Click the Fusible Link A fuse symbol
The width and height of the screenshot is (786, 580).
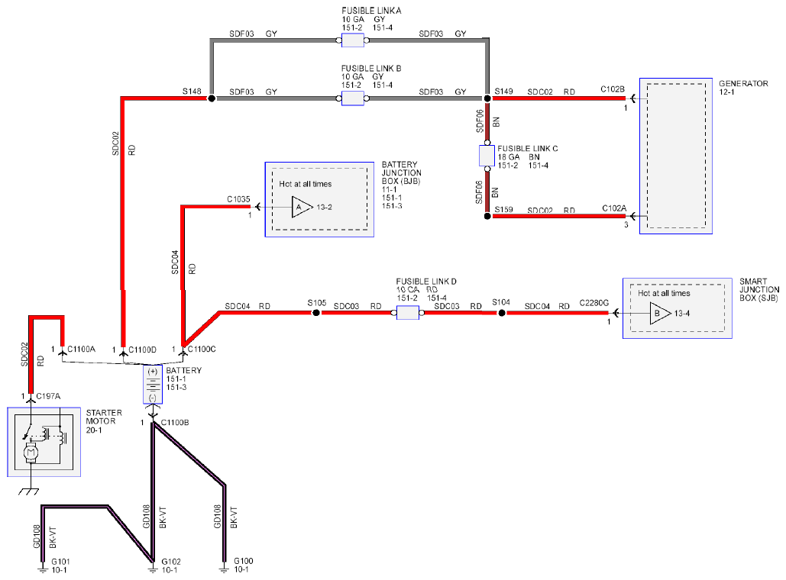pyautogui.click(x=352, y=40)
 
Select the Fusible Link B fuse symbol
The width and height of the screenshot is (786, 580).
pyautogui.click(x=352, y=98)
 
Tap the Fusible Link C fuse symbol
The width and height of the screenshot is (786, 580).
pyautogui.click(x=487, y=156)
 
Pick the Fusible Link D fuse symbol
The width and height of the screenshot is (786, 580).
pyautogui.click(x=408, y=313)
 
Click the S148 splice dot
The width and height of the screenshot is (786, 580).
pyautogui.click(x=212, y=98)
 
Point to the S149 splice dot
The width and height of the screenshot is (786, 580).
pyautogui.click(x=487, y=98)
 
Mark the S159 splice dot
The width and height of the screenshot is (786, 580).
pyautogui.click(x=487, y=216)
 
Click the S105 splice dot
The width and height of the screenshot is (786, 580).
pyautogui.click(x=315, y=313)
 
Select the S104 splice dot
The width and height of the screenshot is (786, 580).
pyautogui.click(x=501, y=313)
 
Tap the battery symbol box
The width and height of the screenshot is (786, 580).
pyautogui.click(x=153, y=384)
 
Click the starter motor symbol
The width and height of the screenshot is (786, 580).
pyautogui.click(x=44, y=442)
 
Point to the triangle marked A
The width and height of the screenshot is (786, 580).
pyautogui.click(x=302, y=207)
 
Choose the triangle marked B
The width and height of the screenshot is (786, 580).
pyautogui.click(x=660, y=314)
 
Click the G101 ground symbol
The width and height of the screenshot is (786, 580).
pyautogui.click(x=43, y=569)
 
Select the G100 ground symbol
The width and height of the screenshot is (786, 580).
pyautogui.click(x=224, y=569)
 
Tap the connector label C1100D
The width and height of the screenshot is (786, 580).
pyautogui.click(x=142, y=350)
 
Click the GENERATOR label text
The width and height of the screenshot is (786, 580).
pyautogui.click(x=743, y=84)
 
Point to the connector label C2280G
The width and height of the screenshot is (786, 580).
pyautogui.click(x=594, y=302)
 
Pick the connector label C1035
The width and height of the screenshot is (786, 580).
pyautogui.click(x=238, y=199)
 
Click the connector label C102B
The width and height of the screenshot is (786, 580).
pyautogui.click(x=613, y=89)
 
